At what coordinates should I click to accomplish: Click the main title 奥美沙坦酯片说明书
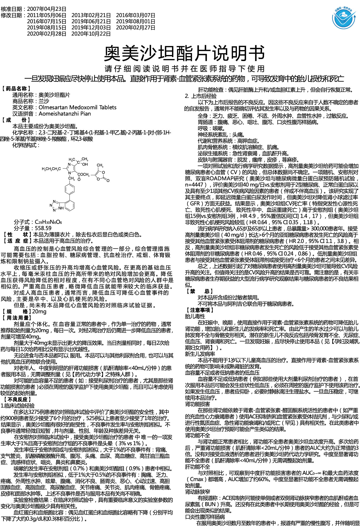click(184, 54)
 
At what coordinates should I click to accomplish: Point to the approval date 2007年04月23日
click(46, 9)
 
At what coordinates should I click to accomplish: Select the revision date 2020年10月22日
click(91, 34)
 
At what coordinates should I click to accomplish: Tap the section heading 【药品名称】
click(17, 88)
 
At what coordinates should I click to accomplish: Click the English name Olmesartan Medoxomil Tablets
click(77, 108)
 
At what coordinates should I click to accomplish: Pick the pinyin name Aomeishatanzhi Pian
click(65, 114)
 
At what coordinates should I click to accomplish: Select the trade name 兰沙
click(44, 101)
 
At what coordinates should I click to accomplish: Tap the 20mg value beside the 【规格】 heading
click(39, 312)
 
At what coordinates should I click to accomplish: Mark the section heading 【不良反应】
click(17, 399)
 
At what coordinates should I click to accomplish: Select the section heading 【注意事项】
click(200, 310)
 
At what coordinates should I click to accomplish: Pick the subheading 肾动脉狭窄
click(197, 492)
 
